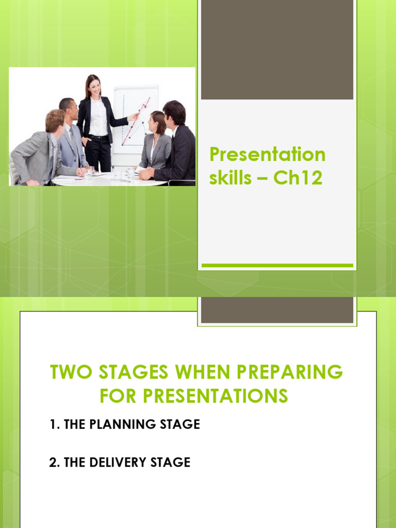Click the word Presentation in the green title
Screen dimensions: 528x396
coord(267,154)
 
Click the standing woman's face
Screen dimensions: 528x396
coord(94,87)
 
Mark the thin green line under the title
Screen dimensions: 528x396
coord(277,266)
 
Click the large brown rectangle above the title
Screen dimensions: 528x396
coord(277,49)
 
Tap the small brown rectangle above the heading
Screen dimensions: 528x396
coord(277,310)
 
